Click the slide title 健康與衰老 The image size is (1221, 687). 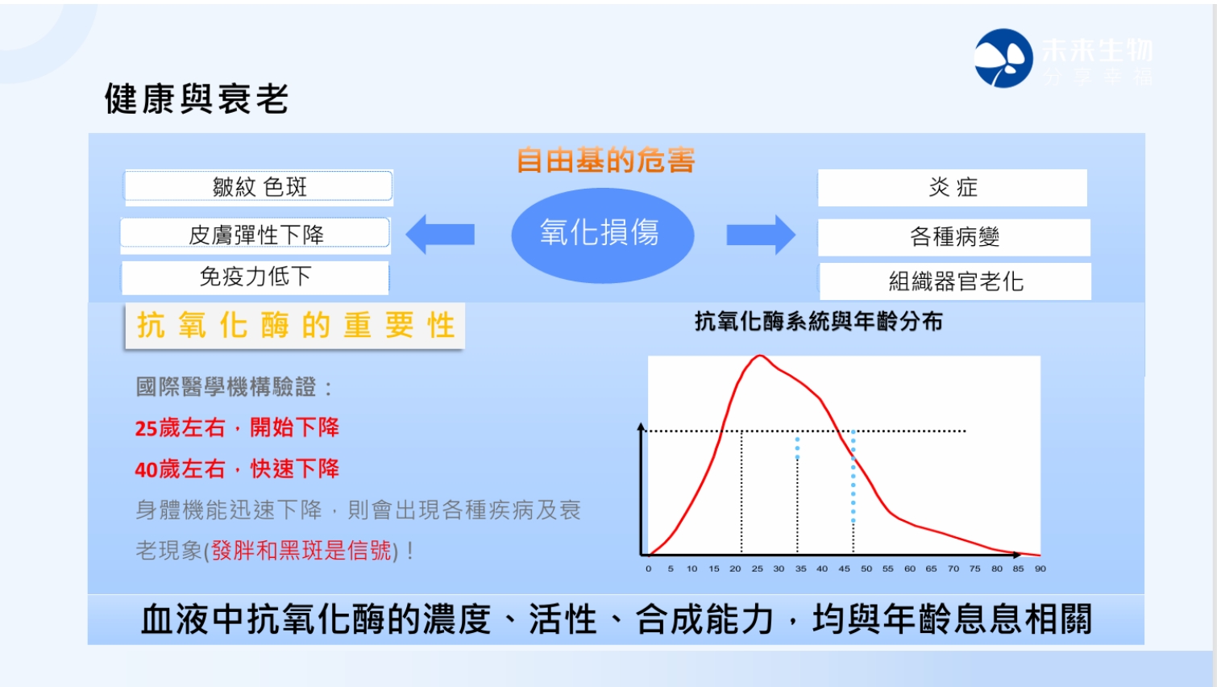[x=196, y=99]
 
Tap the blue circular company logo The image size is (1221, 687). [x=1003, y=58]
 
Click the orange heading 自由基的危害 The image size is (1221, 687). [x=605, y=160]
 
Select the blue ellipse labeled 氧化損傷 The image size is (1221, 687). [x=602, y=235]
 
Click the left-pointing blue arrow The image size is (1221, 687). [x=440, y=235]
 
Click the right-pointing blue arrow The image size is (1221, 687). [x=761, y=235]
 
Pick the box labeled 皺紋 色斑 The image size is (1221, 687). [x=259, y=187]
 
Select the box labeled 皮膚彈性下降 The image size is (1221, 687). [x=255, y=235]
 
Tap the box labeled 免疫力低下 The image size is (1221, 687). [x=255, y=277]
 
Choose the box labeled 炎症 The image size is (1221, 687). [x=953, y=188]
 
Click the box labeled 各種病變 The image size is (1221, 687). [x=954, y=237]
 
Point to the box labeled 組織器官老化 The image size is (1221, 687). [x=955, y=281]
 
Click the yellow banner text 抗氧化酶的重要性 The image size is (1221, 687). [x=296, y=326]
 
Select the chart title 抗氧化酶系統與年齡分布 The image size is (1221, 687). [x=819, y=322]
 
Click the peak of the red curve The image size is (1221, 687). [x=760, y=356]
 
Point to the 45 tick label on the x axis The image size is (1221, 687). [x=844, y=568]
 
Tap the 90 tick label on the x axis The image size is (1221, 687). [x=1040, y=568]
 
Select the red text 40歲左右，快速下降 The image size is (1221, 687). [x=237, y=469]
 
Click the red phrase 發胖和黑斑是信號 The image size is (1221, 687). [x=301, y=551]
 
